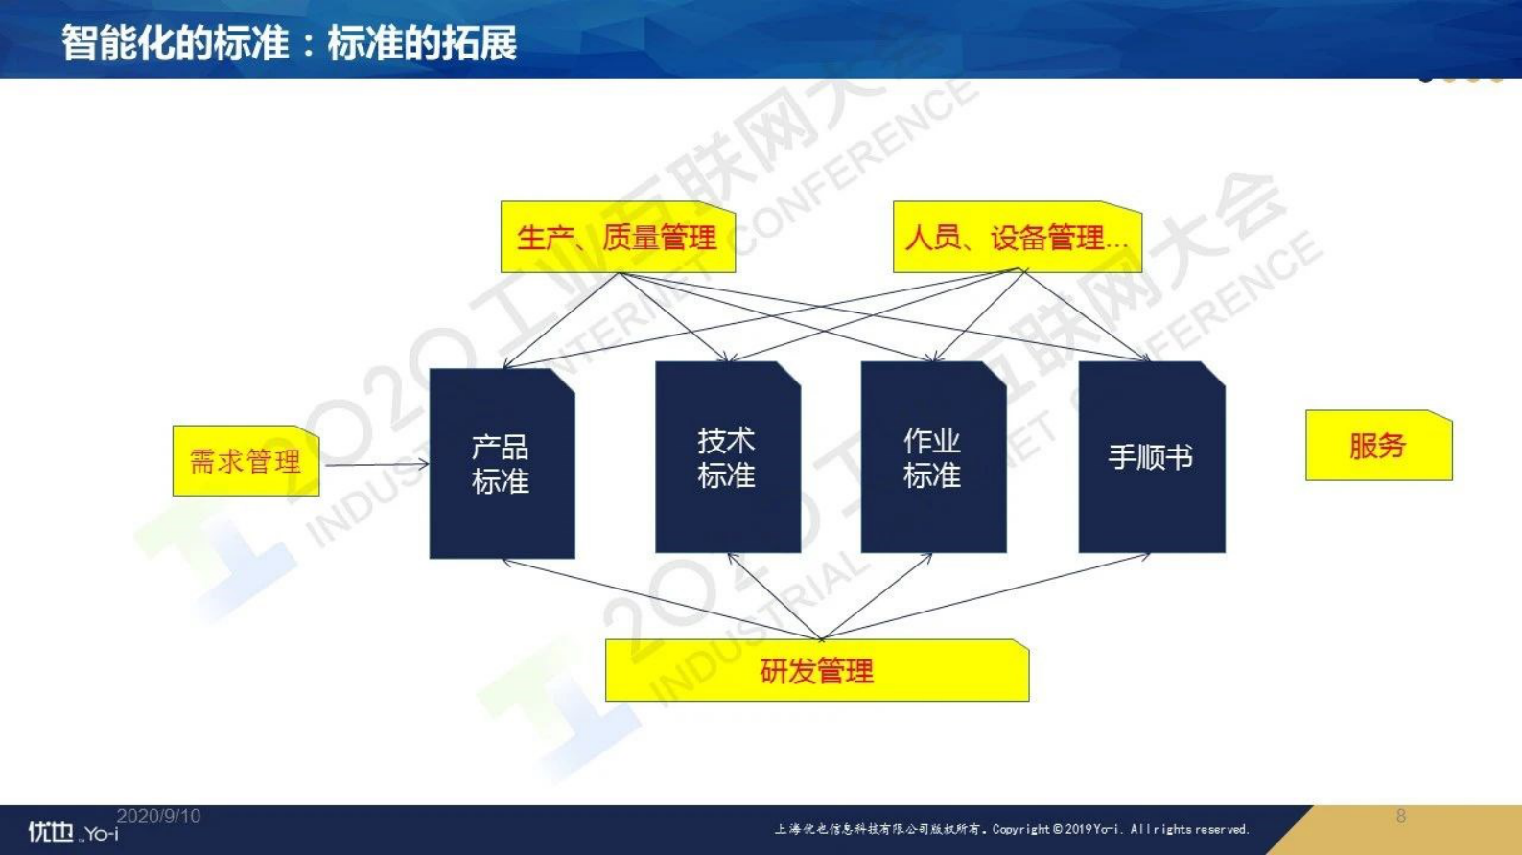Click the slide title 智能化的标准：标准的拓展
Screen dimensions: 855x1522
click(x=289, y=43)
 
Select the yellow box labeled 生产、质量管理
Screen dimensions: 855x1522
click(x=618, y=238)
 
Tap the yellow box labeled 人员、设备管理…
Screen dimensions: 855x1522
click(x=1017, y=238)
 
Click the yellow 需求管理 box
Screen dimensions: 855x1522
click(x=246, y=461)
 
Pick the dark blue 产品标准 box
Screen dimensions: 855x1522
click(x=502, y=464)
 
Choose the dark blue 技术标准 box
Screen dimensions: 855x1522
click(x=727, y=457)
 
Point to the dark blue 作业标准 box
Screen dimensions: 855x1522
click(x=933, y=457)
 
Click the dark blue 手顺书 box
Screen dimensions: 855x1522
click(x=1151, y=457)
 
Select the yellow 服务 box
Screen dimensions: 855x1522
click(x=1378, y=446)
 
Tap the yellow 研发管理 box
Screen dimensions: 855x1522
click(x=816, y=671)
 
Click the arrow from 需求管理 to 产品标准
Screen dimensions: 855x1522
click(x=374, y=465)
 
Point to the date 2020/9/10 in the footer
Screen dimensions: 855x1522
click(x=158, y=817)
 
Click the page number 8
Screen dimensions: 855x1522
click(x=1401, y=817)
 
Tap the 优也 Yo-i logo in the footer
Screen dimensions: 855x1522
click(x=72, y=832)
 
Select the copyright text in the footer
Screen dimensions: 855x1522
click(x=1012, y=829)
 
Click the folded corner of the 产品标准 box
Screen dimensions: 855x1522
click(x=564, y=380)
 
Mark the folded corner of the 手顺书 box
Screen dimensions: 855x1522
click(x=1214, y=372)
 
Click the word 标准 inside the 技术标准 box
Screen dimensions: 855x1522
click(x=727, y=475)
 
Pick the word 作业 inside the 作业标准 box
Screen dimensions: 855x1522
click(x=932, y=441)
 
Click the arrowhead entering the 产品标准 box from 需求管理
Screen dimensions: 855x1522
click(x=424, y=465)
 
